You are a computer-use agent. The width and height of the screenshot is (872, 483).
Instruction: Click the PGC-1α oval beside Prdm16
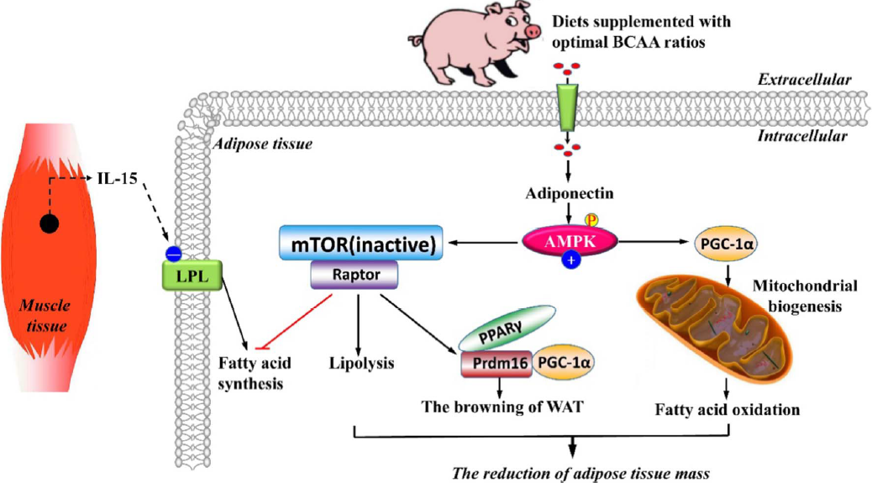click(x=564, y=362)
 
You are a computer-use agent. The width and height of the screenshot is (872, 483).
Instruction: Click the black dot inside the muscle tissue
click(x=50, y=224)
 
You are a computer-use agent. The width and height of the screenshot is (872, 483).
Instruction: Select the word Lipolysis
click(x=359, y=364)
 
